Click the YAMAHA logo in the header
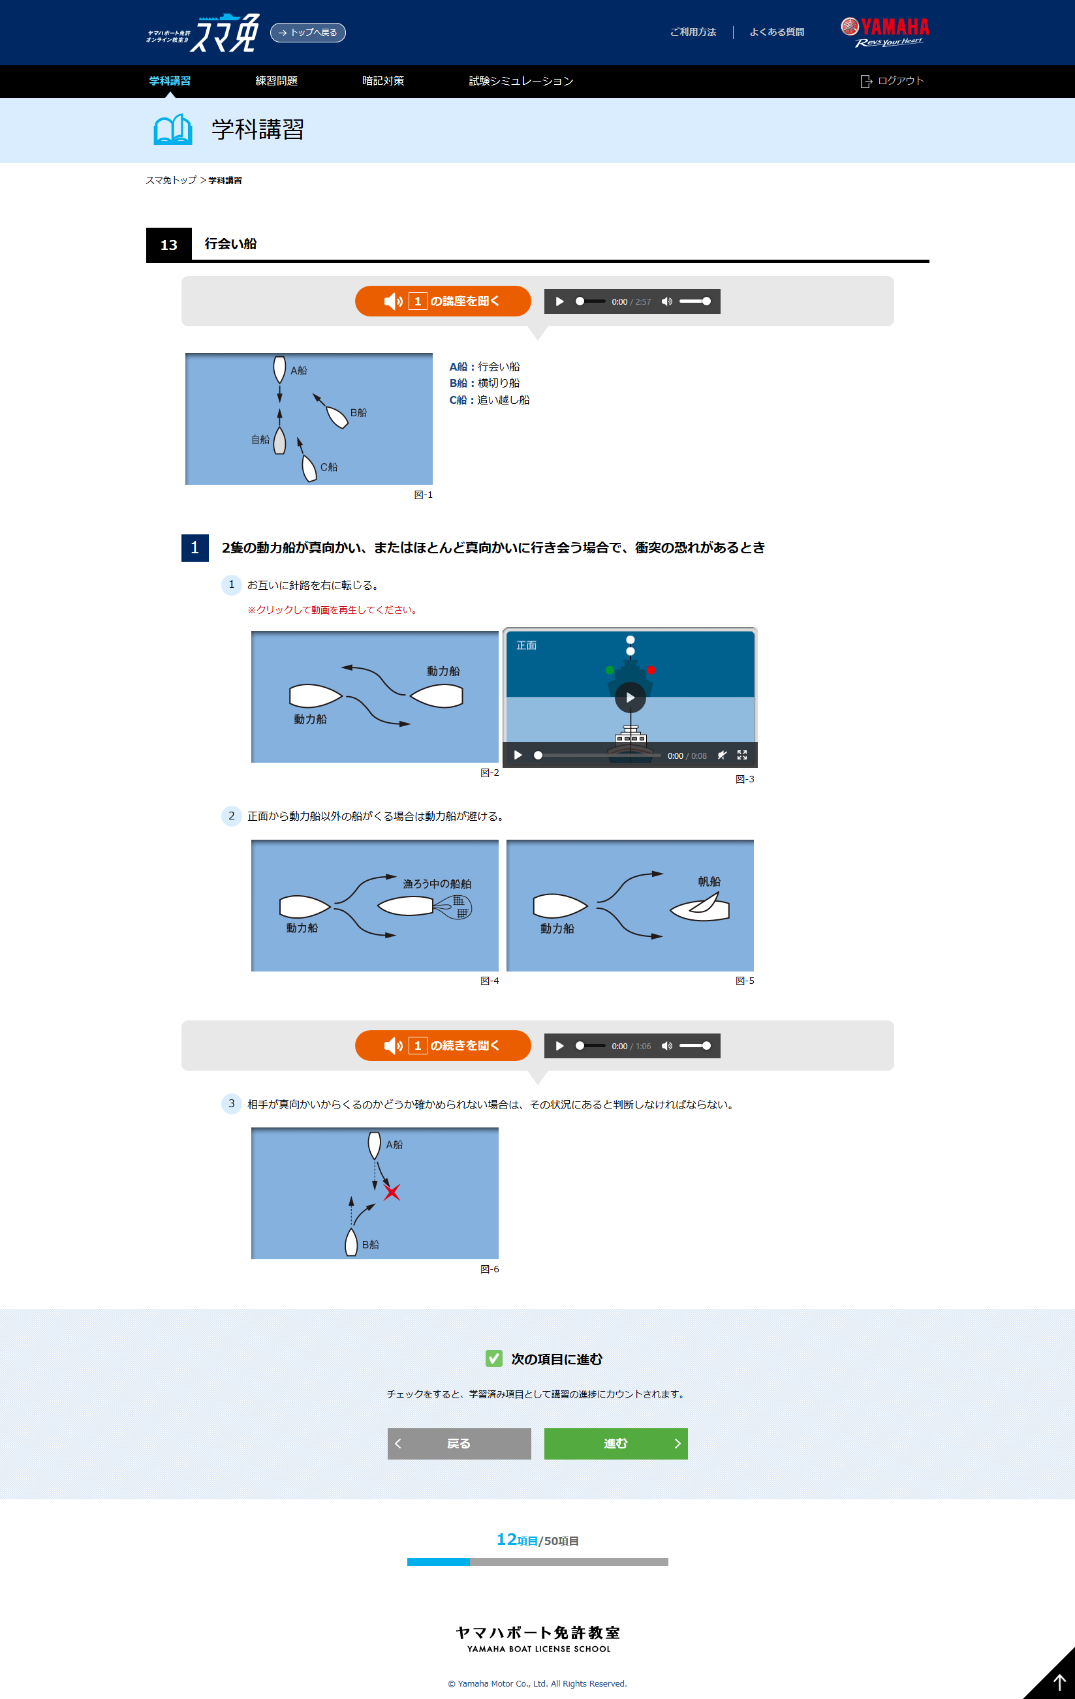(x=884, y=32)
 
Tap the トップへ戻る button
(x=307, y=33)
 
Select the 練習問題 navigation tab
(x=276, y=81)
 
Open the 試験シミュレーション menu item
(x=521, y=81)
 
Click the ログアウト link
(x=892, y=81)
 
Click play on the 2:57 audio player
(x=560, y=301)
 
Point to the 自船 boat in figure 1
(x=279, y=441)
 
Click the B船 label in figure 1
(x=358, y=413)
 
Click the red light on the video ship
(x=651, y=669)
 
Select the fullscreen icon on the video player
(x=742, y=755)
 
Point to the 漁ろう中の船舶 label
(x=437, y=883)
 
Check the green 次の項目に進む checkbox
(x=494, y=1358)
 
